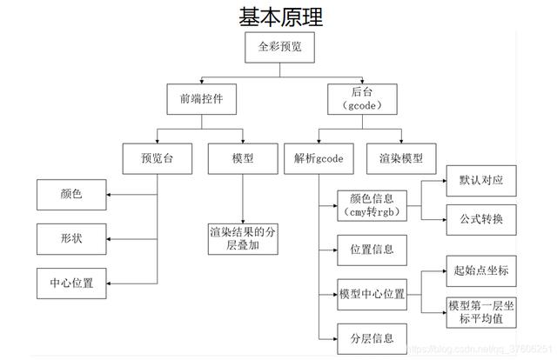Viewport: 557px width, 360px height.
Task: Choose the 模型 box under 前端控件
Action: tap(243, 159)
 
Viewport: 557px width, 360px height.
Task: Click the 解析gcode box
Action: tap(316, 159)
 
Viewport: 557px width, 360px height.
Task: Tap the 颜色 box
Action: tap(71, 194)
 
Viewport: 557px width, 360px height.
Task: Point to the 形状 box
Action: tap(71, 238)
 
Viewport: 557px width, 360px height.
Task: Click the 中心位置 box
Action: tap(71, 283)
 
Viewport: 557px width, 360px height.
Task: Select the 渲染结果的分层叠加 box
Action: tap(243, 239)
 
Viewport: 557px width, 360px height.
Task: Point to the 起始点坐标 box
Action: tap(480, 270)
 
